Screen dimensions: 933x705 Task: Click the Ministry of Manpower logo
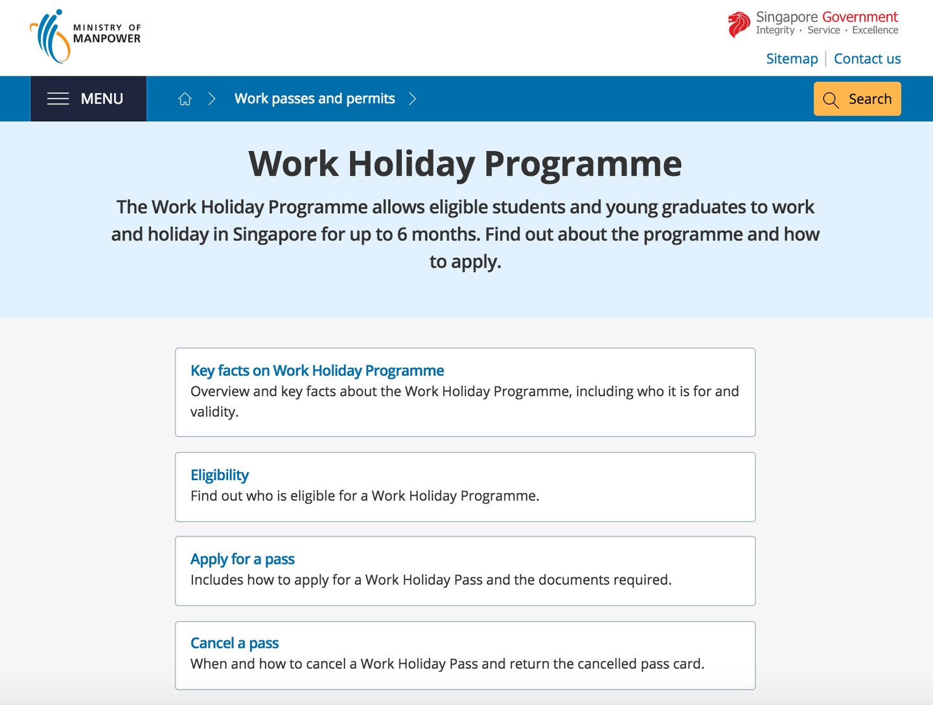85,36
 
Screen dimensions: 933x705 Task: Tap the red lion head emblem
739,25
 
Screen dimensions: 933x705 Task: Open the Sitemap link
792,59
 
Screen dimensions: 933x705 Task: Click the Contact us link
867,59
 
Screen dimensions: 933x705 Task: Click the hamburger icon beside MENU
58,98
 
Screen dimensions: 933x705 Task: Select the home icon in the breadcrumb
185,99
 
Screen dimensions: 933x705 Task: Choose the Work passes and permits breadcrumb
314,98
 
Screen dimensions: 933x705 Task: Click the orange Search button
857,98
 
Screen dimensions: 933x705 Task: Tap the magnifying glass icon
831,100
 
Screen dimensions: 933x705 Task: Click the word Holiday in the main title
411,165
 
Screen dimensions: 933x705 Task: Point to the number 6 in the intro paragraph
402,234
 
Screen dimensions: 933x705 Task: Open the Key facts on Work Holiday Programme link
317,371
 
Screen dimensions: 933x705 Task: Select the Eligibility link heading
220,475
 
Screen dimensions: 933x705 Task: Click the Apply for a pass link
242,559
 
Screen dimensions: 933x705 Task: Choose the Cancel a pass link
234,643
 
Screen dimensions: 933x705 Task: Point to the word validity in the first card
214,411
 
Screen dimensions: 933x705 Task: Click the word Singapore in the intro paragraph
275,235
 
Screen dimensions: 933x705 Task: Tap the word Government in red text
860,17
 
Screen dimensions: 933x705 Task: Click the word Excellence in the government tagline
875,30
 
